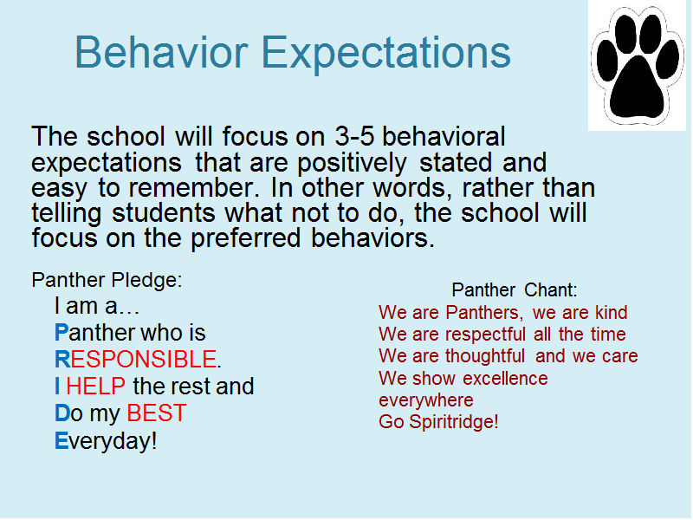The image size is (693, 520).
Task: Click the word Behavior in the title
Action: tap(161, 52)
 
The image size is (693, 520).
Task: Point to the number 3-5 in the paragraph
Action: tap(354, 136)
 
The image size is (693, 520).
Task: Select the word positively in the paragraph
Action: tap(352, 164)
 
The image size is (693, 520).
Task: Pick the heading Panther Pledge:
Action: tap(107, 280)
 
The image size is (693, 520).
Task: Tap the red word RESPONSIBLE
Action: tap(143, 359)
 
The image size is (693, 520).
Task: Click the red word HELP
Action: tap(95, 386)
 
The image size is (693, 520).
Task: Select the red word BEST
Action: tap(157, 413)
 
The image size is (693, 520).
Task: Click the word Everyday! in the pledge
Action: tap(106, 441)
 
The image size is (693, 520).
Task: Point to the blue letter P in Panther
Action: tap(62, 333)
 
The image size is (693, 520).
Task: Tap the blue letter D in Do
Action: tap(62, 413)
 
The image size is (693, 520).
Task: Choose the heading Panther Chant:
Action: tap(515, 290)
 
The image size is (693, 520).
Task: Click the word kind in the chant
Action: tap(611, 312)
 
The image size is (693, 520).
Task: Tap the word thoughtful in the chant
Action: tap(485, 356)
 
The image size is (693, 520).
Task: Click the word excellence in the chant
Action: tap(505, 379)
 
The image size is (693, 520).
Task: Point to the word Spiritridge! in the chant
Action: tap(454, 422)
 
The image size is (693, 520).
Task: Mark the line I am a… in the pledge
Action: tap(97, 306)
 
